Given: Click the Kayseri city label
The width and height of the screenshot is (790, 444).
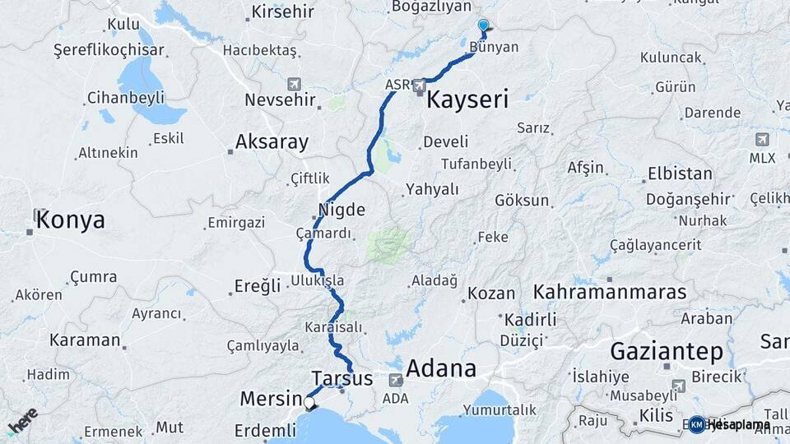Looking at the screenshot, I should pos(467,100).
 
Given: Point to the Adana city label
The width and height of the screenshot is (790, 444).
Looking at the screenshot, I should pos(441,368).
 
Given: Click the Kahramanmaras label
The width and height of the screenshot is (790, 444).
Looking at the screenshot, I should pos(610,292).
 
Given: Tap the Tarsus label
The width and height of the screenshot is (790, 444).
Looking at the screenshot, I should pos(342,379).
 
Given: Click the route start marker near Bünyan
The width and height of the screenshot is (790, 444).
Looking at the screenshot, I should pos(483,26).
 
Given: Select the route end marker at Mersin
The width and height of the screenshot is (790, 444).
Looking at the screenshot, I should pos(310,403).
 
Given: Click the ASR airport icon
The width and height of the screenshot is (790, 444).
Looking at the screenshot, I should pos(420,85).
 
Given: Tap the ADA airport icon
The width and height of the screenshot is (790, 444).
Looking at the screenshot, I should pos(396,381).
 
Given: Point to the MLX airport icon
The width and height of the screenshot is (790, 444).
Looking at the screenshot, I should pos(762,139).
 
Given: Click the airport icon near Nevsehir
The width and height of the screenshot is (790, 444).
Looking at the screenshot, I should pos(295,85).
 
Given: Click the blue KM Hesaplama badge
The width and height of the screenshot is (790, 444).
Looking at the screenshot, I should pos(697,424).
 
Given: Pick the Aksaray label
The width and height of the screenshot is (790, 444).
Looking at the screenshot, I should pos(272,142).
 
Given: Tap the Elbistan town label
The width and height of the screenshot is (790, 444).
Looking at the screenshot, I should pos(680,173).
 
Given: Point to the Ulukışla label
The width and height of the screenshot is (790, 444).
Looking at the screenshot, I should pos(317,280).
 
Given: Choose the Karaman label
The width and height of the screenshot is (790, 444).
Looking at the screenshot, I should pos(85,340).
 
